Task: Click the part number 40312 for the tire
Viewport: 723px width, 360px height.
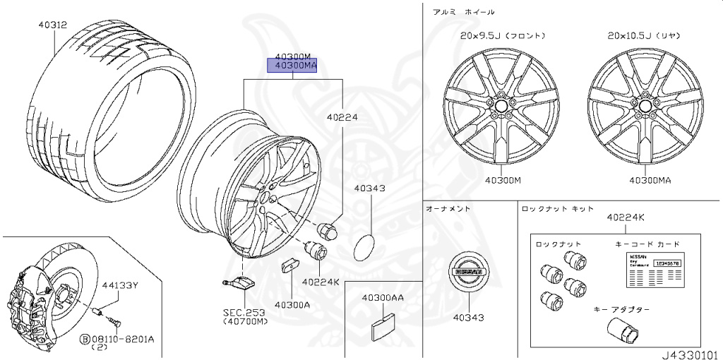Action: [53, 25]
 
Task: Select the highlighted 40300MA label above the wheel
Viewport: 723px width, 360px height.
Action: [292, 66]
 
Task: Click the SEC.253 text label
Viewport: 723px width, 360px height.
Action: [244, 311]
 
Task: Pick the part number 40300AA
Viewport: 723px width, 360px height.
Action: [383, 298]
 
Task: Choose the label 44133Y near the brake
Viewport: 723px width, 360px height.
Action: [119, 286]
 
